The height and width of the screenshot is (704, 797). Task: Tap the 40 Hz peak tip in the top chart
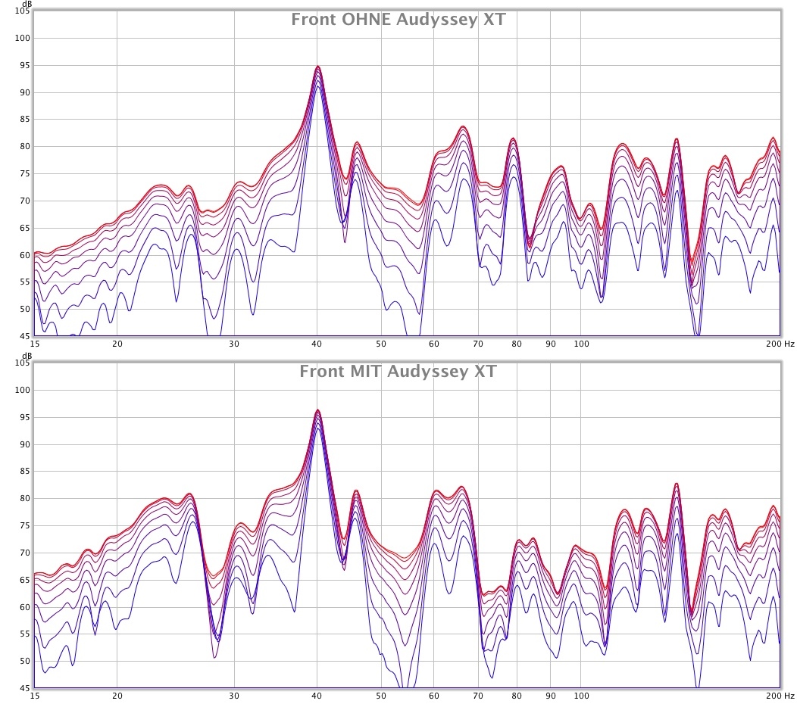click(318, 67)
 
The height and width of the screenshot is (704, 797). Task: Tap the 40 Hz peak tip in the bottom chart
click(318, 410)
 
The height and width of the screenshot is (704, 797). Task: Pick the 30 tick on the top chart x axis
click(233, 344)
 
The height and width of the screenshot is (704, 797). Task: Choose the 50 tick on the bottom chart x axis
click(381, 696)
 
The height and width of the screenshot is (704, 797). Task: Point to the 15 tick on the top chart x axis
click(35, 344)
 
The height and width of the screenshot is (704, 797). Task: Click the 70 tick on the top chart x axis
click(478, 344)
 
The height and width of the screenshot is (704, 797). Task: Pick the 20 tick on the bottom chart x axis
click(117, 696)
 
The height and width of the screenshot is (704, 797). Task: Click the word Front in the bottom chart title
click(322, 372)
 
